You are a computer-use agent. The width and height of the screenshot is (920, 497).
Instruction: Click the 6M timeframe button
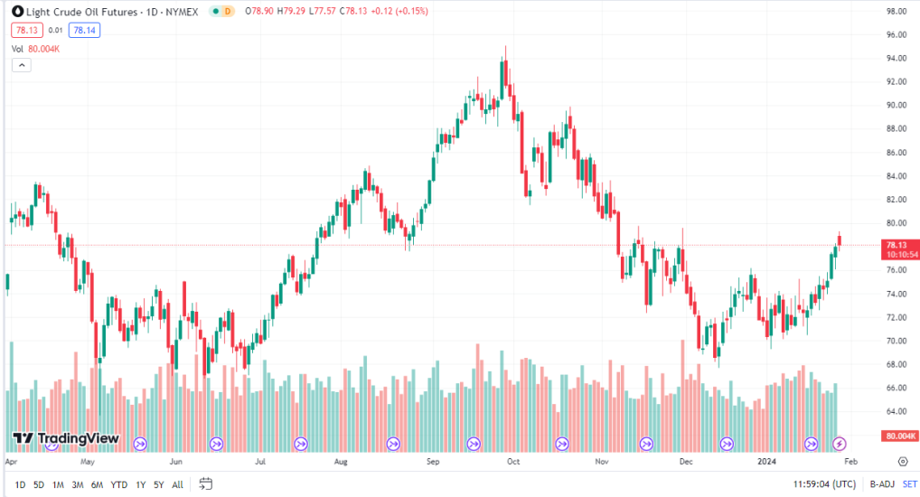point(97,484)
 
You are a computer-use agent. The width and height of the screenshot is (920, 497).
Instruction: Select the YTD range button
point(118,484)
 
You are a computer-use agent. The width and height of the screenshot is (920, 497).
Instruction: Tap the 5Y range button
point(159,484)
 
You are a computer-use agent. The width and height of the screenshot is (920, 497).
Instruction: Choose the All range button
point(177,484)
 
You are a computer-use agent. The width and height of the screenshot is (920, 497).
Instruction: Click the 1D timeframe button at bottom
point(20,484)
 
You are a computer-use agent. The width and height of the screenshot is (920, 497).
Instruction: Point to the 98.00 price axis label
point(896,12)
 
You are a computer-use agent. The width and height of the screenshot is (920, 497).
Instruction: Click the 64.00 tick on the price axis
point(896,411)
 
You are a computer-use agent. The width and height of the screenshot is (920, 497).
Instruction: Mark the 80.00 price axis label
point(896,223)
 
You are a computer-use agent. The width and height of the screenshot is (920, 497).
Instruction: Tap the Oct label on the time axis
point(513,461)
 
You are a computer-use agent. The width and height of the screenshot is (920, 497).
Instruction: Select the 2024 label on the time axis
point(765,461)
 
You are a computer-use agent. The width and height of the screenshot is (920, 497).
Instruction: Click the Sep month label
point(432,461)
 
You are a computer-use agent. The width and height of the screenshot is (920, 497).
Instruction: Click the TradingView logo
point(65,439)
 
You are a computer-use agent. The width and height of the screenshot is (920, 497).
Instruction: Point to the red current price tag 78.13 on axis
point(897,245)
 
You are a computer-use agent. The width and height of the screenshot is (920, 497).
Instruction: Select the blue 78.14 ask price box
point(85,30)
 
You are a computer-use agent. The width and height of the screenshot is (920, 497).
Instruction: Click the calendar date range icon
point(206,483)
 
